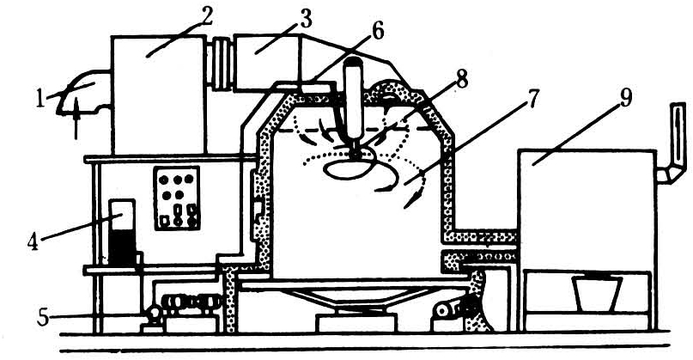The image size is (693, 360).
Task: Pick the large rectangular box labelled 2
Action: tap(158, 95)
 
